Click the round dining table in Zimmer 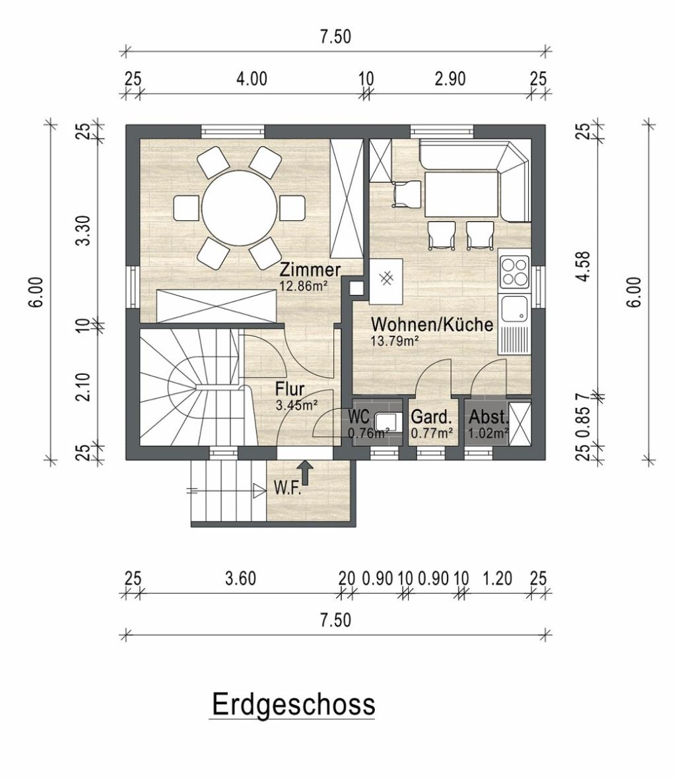click(x=239, y=207)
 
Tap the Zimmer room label click(x=310, y=271)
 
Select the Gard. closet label click(x=432, y=417)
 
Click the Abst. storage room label click(x=489, y=417)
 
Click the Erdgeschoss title click(x=293, y=703)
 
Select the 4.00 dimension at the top click(x=251, y=79)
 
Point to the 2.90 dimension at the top click(x=450, y=79)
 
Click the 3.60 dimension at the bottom click(x=241, y=578)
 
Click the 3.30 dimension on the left click(x=85, y=230)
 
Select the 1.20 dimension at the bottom click(x=497, y=578)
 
